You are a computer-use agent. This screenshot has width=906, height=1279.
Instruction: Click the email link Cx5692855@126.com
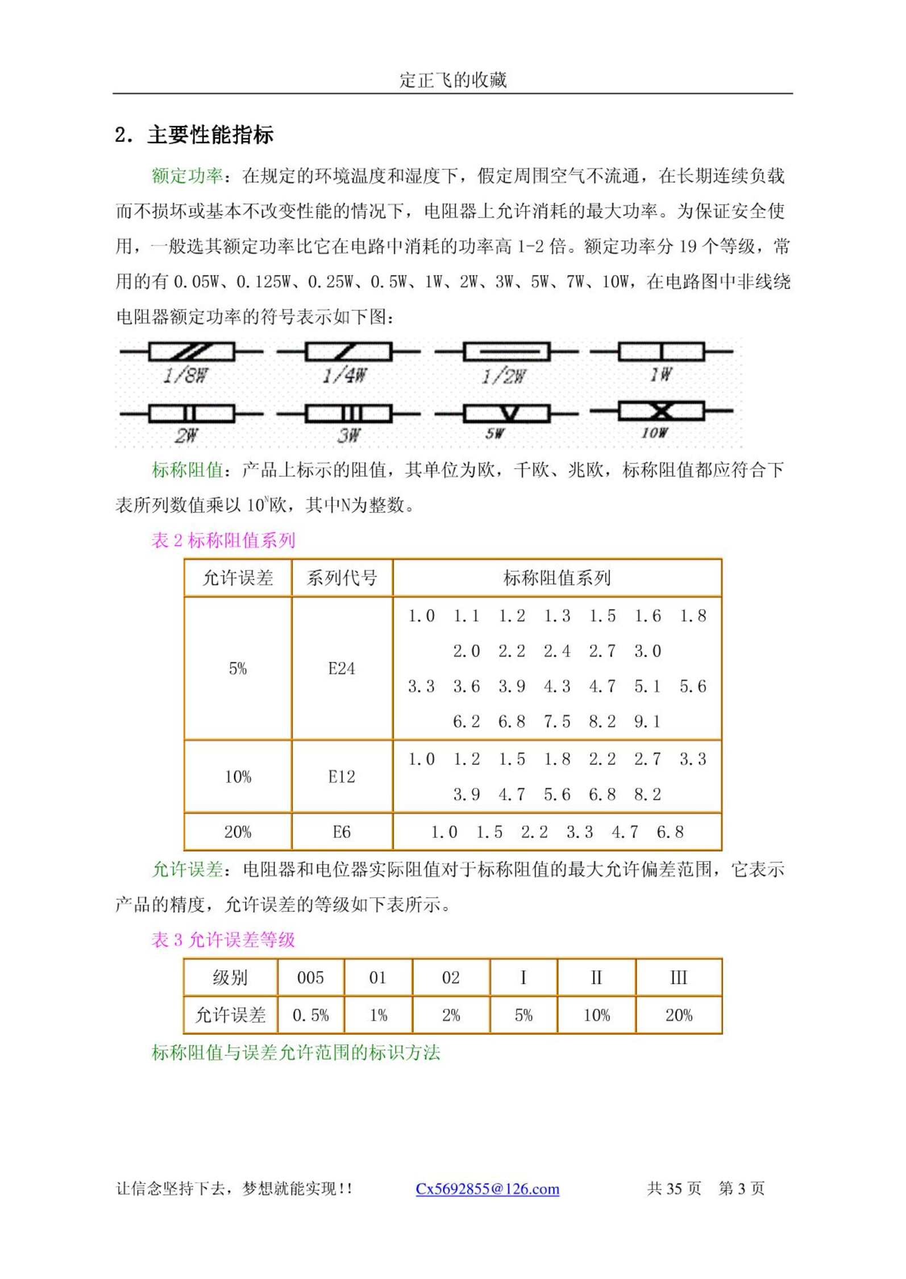coord(487,1188)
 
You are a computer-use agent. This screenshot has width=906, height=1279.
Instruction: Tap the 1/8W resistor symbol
coord(191,352)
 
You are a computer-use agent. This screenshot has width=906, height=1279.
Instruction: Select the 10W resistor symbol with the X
coord(661,411)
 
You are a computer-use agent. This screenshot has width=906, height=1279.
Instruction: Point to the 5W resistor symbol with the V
coord(506,413)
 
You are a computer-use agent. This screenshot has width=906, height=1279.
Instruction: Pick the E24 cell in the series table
coord(342,668)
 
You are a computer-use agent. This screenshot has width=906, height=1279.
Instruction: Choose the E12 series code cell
coord(342,776)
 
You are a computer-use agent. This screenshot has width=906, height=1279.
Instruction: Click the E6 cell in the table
coord(342,832)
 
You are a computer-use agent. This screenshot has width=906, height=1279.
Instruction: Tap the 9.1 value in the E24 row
coord(647,722)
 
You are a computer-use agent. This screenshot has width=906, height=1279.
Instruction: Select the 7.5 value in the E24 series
coord(557,722)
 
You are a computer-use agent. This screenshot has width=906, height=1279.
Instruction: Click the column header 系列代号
coord(342,578)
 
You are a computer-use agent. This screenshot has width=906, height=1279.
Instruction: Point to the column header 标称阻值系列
coord(556,578)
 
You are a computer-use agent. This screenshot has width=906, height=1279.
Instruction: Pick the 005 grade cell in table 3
coord(310,977)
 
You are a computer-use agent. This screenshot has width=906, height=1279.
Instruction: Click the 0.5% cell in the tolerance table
coord(310,1015)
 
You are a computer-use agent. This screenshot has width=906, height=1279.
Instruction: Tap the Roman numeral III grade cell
coord(678,977)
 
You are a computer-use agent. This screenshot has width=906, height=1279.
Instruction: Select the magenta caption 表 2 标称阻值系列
coord(223,540)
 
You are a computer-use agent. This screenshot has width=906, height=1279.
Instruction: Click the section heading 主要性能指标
coord(210,135)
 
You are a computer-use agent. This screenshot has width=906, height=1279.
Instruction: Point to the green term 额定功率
coord(187,176)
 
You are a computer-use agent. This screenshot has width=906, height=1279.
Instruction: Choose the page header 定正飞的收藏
coord(452,80)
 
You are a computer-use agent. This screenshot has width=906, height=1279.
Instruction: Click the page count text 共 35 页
coord(674,1188)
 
